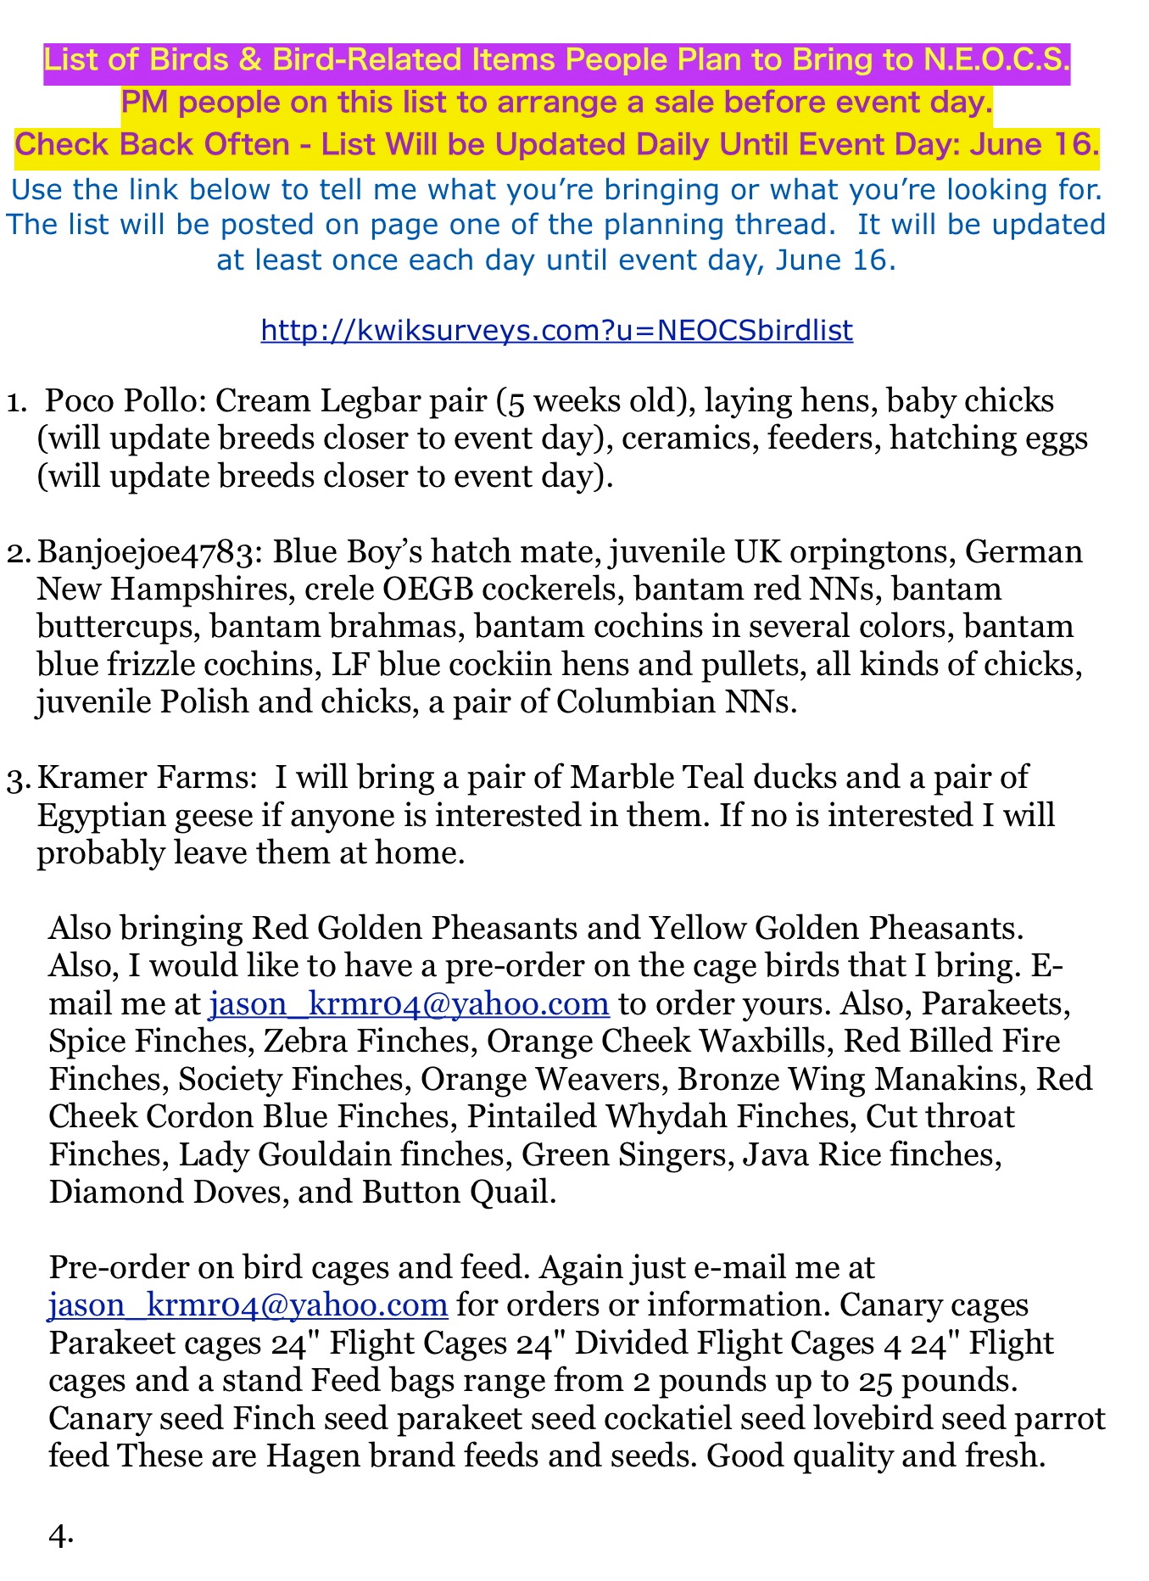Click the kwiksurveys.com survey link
556,330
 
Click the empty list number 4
61,1534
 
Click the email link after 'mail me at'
409,1003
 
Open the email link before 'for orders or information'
248,1304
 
